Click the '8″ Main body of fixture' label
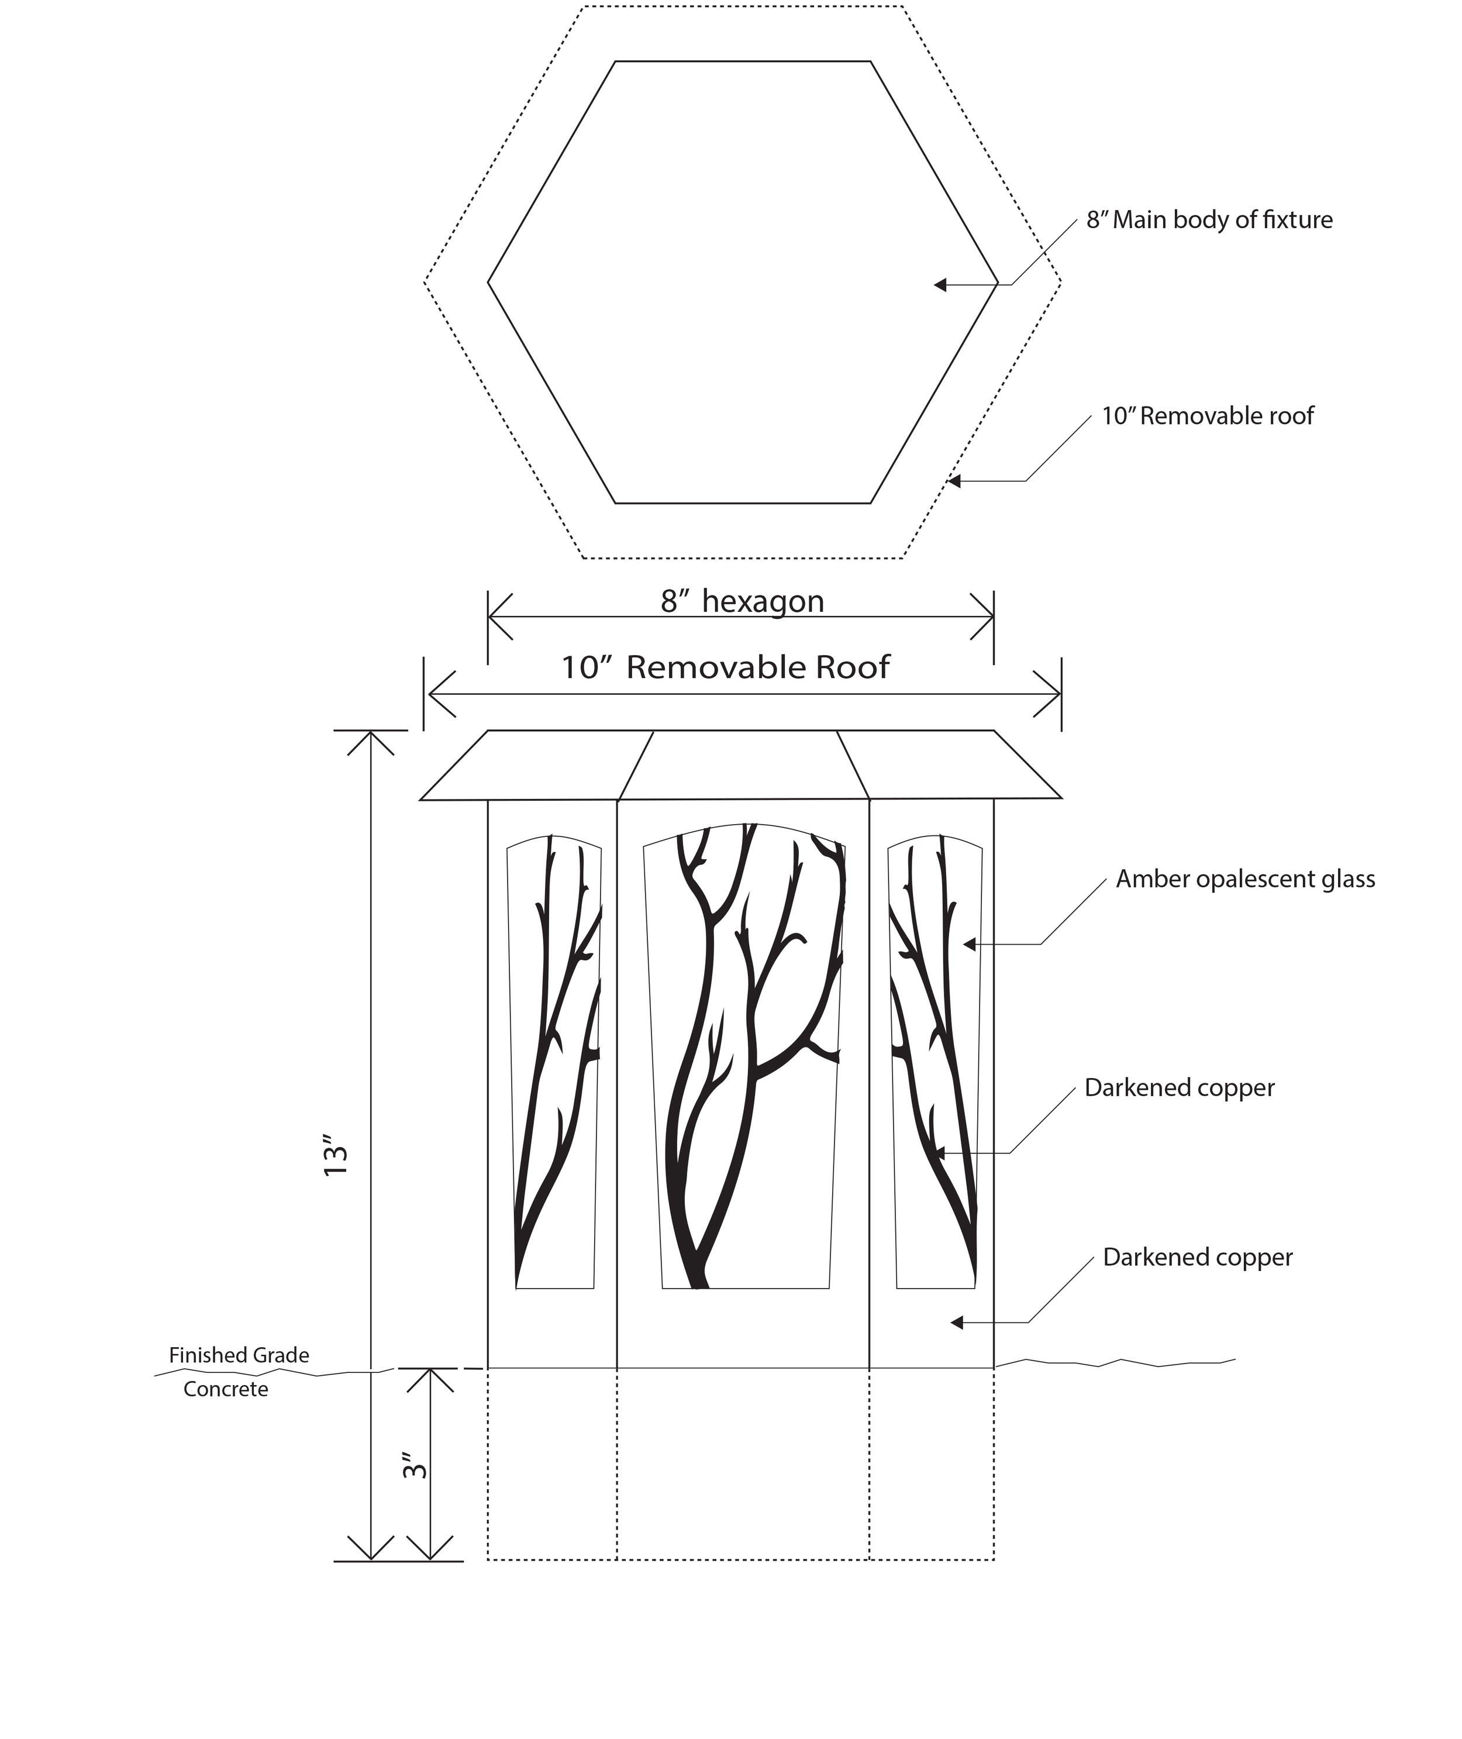click(1209, 221)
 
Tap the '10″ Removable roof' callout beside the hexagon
click(1206, 416)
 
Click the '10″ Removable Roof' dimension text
click(725, 668)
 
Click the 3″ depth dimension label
click(415, 1465)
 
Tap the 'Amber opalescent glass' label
click(1245, 880)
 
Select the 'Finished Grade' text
click(239, 1355)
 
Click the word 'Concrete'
click(225, 1389)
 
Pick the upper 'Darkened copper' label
click(1178, 1089)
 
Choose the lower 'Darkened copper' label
click(1197, 1258)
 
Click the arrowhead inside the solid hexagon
click(940, 285)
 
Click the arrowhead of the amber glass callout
click(969, 944)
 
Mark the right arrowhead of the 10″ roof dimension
click(1054, 694)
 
